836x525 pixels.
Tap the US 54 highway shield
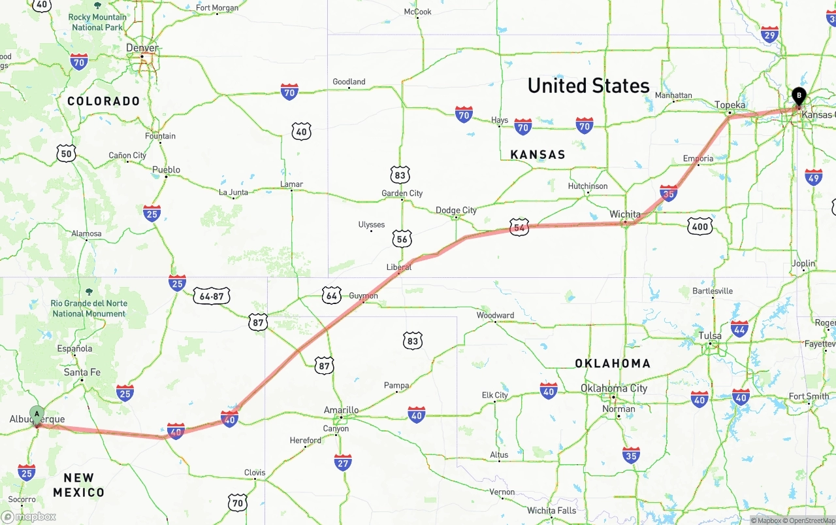pos(519,228)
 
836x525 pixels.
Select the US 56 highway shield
pos(402,239)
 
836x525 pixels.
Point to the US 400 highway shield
pos(699,226)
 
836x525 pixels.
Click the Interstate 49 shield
pos(813,177)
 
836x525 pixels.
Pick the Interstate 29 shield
pos(770,35)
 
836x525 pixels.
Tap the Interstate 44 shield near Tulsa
pos(739,328)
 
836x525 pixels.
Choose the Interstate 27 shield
pos(343,463)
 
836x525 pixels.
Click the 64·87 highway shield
pos(212,296)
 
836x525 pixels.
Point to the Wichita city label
pos(625,214)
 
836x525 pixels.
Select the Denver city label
pos(142,48)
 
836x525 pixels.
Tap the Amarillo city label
pos(341,410)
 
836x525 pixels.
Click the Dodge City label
pos(456,210)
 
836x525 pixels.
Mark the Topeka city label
pos(730,105)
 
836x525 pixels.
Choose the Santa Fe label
pos(82,372)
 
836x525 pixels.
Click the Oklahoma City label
pos(614,388)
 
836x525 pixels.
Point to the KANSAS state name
pos(538,154)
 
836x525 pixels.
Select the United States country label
pos(588,86)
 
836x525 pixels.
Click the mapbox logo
pos(29,517)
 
